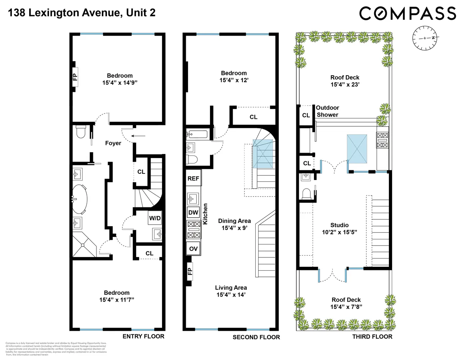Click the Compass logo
pos(408,14)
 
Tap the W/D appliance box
pos(155,218)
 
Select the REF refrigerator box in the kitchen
pos(193,179)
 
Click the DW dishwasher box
pos(193,212)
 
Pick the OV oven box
pos(193,249)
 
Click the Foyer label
pos(113,143)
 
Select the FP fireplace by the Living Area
pos(190,270)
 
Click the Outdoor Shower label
pos(327,111)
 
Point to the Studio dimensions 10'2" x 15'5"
pos(339,232)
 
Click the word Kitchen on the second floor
pos(205,214)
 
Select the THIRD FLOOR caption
pos(372,337)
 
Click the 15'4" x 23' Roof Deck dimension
pos(345,85)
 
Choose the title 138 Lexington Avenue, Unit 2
pos(82,13)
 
